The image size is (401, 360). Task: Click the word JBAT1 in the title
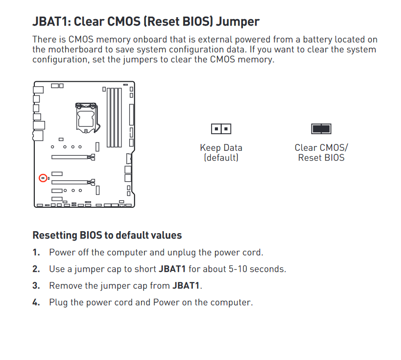pos(51,21)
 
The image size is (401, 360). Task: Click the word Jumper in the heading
pos(237,22)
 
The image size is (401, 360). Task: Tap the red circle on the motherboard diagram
pos(43,178)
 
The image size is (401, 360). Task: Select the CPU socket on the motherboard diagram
pos(87,118)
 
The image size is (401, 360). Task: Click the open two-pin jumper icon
pos(221,129)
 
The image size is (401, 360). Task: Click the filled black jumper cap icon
pos(321,129)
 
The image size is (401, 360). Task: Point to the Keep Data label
pos(221,147)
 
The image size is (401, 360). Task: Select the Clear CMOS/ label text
pos(321,147)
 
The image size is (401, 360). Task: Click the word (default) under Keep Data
pos(221,158)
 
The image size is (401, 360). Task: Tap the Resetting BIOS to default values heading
pos(107,235)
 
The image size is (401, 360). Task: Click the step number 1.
pos(36,252)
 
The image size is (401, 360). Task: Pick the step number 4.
pos(36,302)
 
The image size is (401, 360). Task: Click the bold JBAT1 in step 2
pos(172,269)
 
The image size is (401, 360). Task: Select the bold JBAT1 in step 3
pos(186,286)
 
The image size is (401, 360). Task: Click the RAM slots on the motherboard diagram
pos(114,118)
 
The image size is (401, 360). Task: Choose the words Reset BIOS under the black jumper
pos(321,158)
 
